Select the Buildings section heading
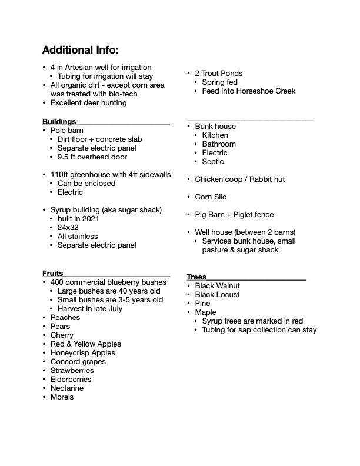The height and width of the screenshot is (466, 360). [59, 122]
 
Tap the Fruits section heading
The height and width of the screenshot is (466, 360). [53, 274]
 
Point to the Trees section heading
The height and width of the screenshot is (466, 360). [196, 277]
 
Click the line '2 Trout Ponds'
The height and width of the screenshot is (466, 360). [219, 74]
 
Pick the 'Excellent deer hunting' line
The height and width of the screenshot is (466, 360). [88, 103]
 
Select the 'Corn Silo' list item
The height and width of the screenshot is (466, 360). [211, 197]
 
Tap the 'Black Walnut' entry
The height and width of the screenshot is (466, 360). [217, 286]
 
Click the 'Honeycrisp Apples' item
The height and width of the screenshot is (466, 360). [82, 353]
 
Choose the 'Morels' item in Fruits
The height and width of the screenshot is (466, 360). [62, 397]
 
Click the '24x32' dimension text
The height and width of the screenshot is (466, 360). [68, 228]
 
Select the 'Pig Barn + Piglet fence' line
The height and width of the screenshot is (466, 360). [234, 215]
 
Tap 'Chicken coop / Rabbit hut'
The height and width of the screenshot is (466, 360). [239, 179]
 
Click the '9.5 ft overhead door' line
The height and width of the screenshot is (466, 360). [92, 157]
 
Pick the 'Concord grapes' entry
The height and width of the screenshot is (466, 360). [76, 362]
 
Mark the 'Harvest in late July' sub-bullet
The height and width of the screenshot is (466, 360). [89, 309]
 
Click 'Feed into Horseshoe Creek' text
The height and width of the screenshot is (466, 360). [248, 91]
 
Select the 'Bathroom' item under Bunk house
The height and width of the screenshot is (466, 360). [218, 144]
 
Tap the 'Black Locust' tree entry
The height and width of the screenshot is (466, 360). [217, 295]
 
